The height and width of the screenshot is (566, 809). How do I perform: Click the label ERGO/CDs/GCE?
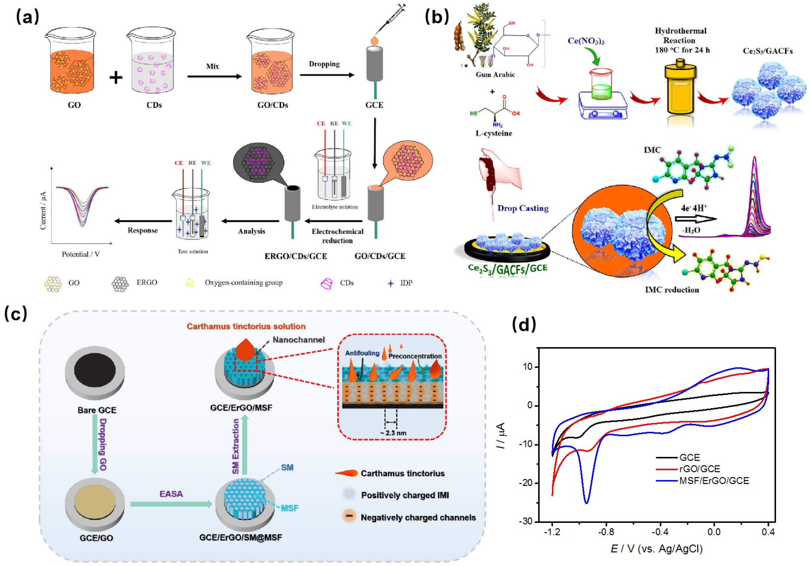point(296,256)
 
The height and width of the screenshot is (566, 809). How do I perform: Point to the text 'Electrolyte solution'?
point(335,207)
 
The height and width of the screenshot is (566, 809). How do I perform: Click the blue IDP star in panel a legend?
point(390,283)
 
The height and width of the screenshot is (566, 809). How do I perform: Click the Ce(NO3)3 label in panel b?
point(586,41)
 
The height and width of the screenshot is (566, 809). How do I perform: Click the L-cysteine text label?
point(494,133)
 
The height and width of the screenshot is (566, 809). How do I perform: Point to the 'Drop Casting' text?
point(523,208)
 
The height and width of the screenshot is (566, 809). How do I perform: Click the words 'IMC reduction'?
point(671,290)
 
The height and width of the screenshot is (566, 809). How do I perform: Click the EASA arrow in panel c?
point(171,504)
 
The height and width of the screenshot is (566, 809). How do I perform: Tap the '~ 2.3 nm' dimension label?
point(393,433)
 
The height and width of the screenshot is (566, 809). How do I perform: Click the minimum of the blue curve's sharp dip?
point(586,503)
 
